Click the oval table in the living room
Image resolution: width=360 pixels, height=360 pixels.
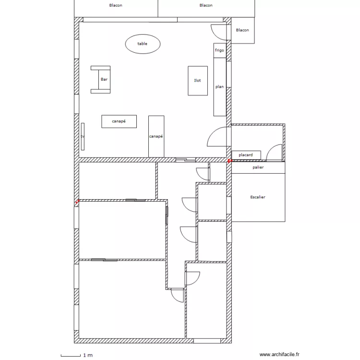[143, 44]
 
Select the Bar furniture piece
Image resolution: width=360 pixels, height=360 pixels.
[101, 80]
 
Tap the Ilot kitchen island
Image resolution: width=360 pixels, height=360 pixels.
[198, 81]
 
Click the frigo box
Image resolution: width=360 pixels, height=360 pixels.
[220, 50]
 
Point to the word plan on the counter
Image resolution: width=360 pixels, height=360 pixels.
[219, 87]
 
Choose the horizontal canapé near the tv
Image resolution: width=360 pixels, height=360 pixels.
[119, 121]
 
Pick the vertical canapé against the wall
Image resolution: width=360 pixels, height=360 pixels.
[156, 137]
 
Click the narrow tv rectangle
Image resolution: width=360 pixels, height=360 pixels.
[83, 137]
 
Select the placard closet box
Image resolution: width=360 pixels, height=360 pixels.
[246, 155]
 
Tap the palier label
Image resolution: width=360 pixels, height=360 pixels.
[258, 168]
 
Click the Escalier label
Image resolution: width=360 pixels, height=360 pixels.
[258, 197]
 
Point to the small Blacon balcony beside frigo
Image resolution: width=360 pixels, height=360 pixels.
[243, 30]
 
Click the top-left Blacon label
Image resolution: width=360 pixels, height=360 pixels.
[116, 5]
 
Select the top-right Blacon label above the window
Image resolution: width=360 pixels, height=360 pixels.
[206, 5]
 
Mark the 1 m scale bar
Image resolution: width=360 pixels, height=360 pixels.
[71, 356]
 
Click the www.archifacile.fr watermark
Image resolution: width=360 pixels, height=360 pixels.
[279, 355]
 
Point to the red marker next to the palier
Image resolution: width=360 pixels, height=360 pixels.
[229, 161]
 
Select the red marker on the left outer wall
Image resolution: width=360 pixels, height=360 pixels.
[78, 202]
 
